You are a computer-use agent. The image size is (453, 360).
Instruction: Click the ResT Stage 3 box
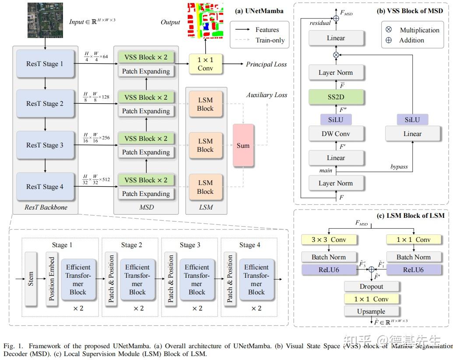[44, 145]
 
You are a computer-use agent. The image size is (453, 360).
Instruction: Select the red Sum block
[243, 145]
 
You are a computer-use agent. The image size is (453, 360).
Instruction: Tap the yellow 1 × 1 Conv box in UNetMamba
[205, 64]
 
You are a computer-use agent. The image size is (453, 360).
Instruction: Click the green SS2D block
[336, 97]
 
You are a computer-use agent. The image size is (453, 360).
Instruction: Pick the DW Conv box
[336, 133]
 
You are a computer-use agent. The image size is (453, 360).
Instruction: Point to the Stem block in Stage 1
[31, 279]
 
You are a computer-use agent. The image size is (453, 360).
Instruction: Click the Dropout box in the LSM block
[372, 287]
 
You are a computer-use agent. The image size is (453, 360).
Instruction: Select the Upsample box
[372, 311]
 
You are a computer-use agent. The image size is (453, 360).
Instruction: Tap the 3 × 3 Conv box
[329, 240]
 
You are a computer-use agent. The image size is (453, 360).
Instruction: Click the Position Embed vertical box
[52, 279]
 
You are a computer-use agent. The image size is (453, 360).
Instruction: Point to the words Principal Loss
[266, 64]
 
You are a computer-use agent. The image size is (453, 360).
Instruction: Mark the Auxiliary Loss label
[267, 95]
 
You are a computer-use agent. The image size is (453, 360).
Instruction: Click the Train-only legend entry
[270, 40]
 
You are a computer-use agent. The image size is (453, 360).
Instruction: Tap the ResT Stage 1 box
[44, 64]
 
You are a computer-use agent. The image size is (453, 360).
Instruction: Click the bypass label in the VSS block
[399, 167]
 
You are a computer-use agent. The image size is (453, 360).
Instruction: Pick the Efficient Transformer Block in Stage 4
[256, 280]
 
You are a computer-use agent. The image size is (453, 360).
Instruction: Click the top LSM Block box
[205, 104]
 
